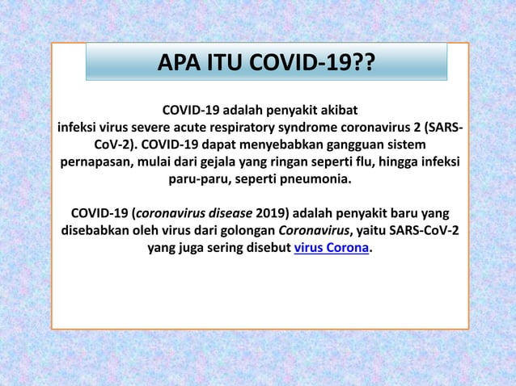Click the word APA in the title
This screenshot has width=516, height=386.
[x=179, y=63]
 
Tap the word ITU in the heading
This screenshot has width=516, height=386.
[x=226, y=63]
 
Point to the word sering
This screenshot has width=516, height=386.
[x=231, y=248]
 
